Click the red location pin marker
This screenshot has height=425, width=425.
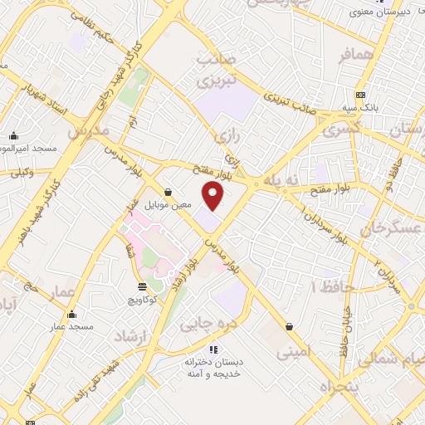click(214, 195)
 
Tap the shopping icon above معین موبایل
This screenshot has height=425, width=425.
click(169, 191)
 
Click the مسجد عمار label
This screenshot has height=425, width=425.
click(71, 327)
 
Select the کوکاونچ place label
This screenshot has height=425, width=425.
click(142, 299)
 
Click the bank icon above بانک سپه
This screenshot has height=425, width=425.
click(360, 95)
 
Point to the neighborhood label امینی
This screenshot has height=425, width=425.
click(292, 352)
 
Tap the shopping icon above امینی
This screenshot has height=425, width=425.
click(289, 327)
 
